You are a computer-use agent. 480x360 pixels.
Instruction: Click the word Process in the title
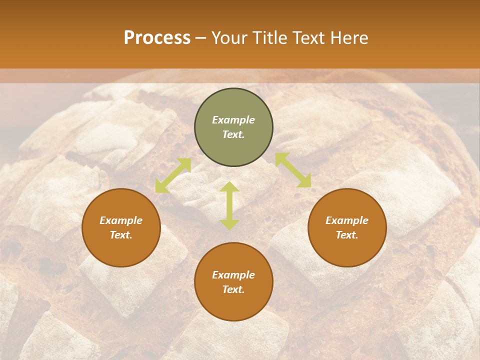pyautogui.click(x=157, y=38)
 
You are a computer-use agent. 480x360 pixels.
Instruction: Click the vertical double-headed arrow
pyautogui.click(x=229, y=205)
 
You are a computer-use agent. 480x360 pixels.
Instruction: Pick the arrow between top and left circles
pyautogui.click(x=173, y=175)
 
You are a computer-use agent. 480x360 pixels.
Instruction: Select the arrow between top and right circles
pyautogui.click(x=293, y=170)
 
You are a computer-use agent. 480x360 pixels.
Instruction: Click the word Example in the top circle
pyautogui.click(x=233, y=120)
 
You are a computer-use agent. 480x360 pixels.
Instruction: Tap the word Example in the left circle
pyautogui.click(x=121, y=220)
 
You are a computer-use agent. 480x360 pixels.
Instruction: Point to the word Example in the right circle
pyautogui.click(x=347, y=220)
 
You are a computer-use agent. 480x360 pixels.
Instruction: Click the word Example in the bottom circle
pyautogui.click(x=233, y=275)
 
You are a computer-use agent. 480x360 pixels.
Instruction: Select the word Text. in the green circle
pyautogui.click(x=233, y=134)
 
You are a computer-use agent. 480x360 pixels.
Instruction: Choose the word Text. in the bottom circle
pyautogui.click(x=233, y=289)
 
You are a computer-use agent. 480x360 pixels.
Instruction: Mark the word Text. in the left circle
pyautogui.click(x=121, y=235)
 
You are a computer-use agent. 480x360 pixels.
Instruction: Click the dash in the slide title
pyautogui.click(x=201, y=38)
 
